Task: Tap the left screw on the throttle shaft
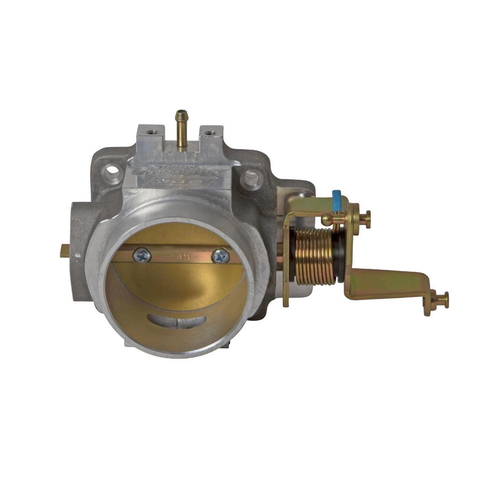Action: point(141,256)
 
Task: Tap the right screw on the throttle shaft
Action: point(220,256)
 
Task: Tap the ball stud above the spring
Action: point(327,219)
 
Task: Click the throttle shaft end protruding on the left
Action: point(65,251)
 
